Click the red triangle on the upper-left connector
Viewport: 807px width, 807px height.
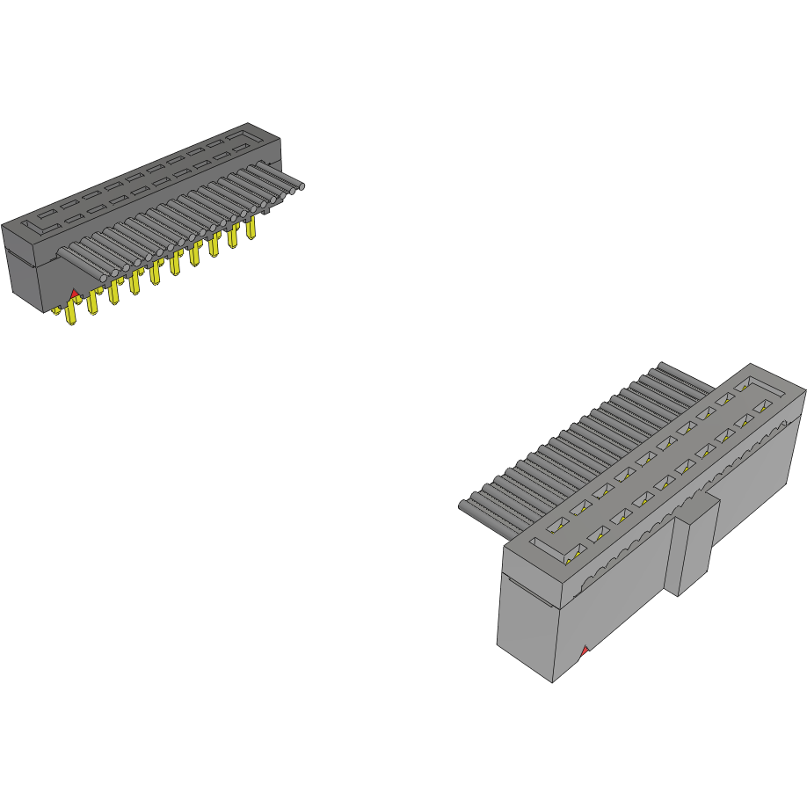75,292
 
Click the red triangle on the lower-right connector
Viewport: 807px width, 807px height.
583,651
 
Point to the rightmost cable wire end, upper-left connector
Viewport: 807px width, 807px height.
301,186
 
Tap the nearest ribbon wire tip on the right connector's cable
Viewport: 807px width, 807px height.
463,505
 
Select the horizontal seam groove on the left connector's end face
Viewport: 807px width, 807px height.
21,257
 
